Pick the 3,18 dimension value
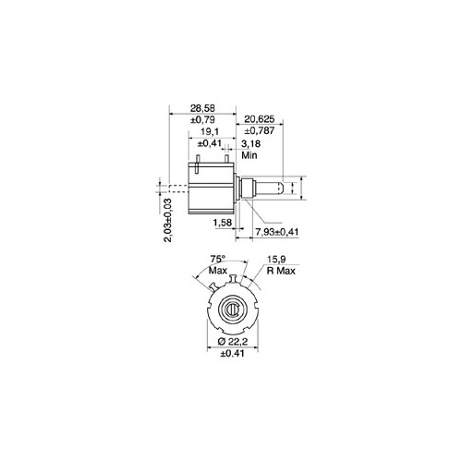(x=249, y=145)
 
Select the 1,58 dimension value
(x=222, y=223)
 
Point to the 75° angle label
(x=218, y=260)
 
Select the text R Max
(x=280, y=272)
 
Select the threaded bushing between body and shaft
(x=247, y=188)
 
